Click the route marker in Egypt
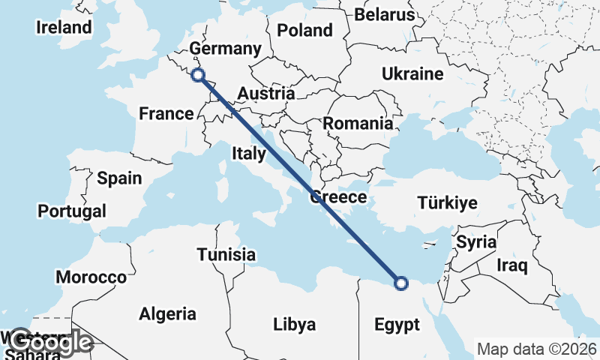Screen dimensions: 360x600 click(400, 283)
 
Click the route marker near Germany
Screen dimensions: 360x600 click(198, 74)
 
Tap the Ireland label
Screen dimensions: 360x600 click(64, 28)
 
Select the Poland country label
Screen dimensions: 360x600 click(304, 31)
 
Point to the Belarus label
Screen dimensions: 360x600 click(384, 14)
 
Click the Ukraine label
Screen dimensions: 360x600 click(412, 74)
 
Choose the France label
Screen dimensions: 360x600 click(166, 114)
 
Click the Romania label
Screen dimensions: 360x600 click(358, 124)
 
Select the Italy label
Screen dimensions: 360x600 click(249, 154)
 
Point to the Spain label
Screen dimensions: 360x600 click(118, 178)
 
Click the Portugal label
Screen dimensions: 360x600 click(72, 211)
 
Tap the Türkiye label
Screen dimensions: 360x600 click(448, 203)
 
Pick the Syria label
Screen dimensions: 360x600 click(476, 242)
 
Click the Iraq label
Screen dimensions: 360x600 click(513, 265)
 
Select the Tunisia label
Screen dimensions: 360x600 click(226, 255)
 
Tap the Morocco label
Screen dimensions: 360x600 click(95, 277)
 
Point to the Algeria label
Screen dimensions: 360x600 click(167, 314)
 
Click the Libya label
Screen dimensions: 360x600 click(294, 325)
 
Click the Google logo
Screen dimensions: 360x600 click(51, 343)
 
